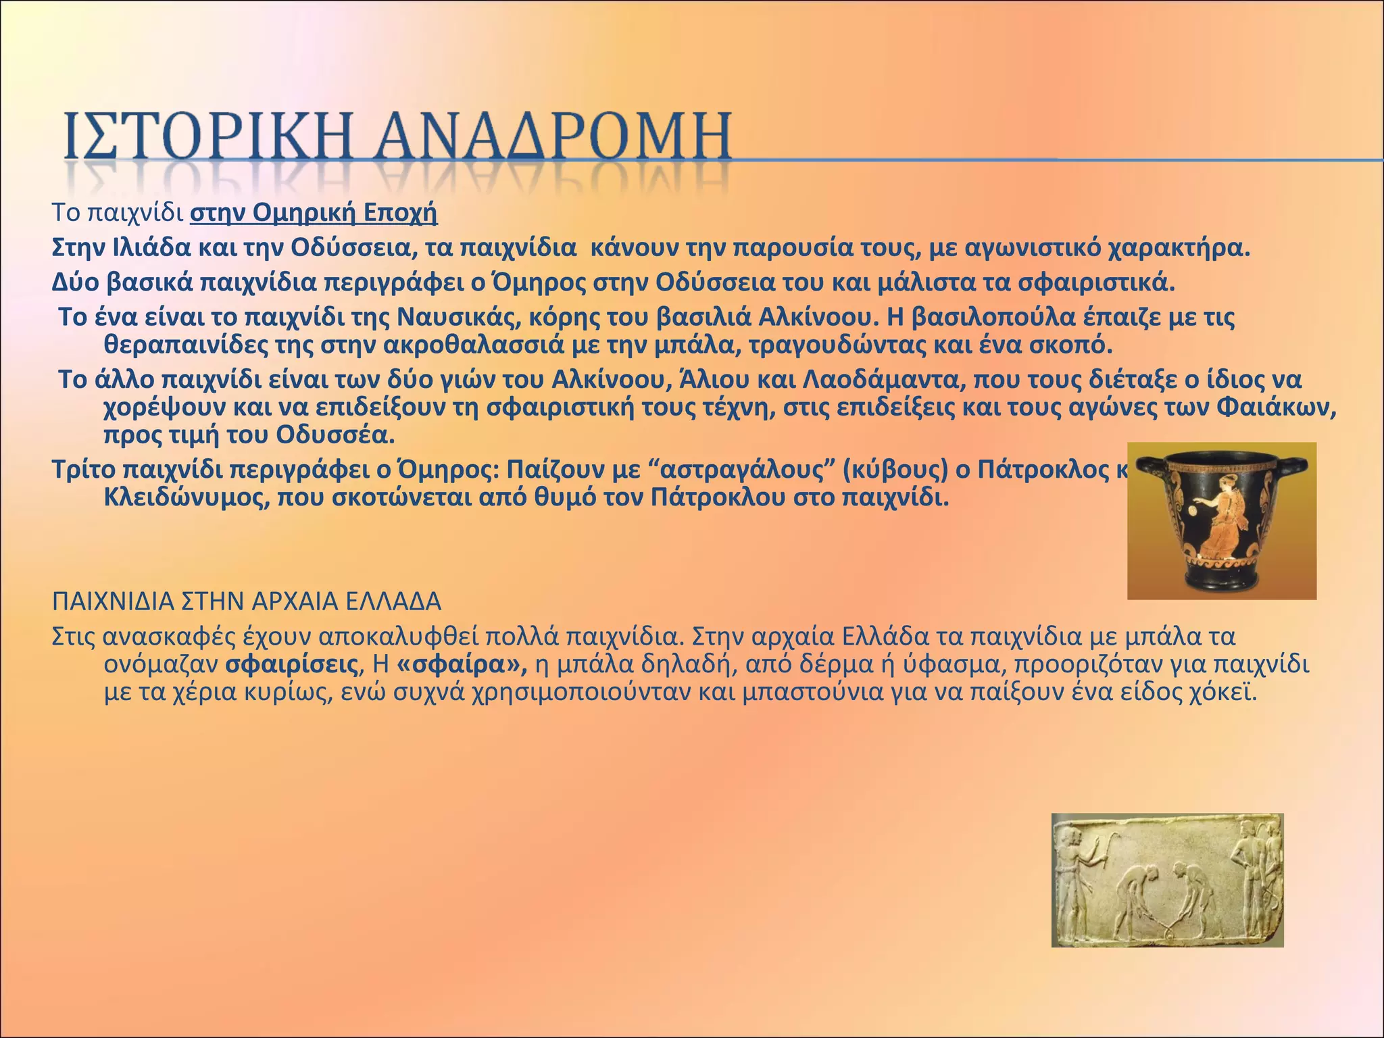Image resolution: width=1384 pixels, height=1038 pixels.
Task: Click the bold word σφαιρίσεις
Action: [291, 665]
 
